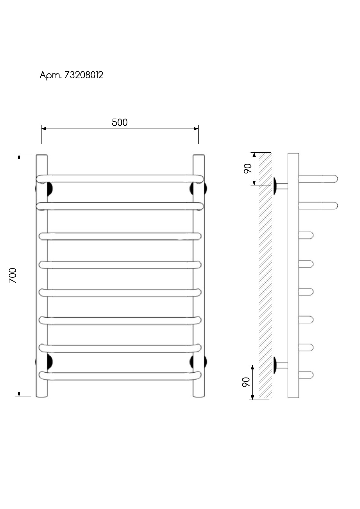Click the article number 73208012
point(84,75)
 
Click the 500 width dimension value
point(120,122)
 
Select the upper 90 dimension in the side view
point(247,169)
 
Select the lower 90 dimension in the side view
point(246,382)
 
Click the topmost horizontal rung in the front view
point(120,179)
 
